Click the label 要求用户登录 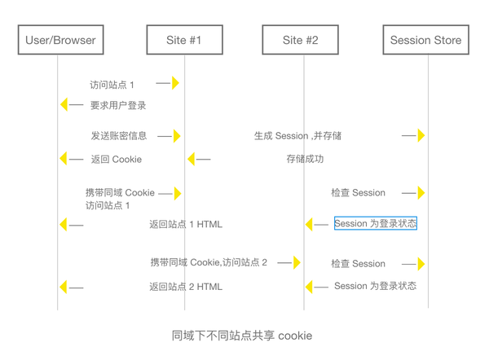coord(118,105)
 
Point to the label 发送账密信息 coord(119,135)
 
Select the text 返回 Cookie coord(117,160)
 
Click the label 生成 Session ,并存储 coord(297,135)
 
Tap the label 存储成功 coord(305,159)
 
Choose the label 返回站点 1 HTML coord(186,224)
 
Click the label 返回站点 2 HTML coord(186,287)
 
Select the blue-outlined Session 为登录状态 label coord(376,223)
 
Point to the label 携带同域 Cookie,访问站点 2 coord(209,262)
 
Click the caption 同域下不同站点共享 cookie coord(242,336)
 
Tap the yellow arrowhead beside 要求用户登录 coord(64,104)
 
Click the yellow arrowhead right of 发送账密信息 coord(177,136)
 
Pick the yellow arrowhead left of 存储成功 coord(192,159)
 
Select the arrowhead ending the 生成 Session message coord(421,135)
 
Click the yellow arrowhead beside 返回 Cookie coord(64,159)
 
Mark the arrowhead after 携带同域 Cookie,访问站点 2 coord(297,262)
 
